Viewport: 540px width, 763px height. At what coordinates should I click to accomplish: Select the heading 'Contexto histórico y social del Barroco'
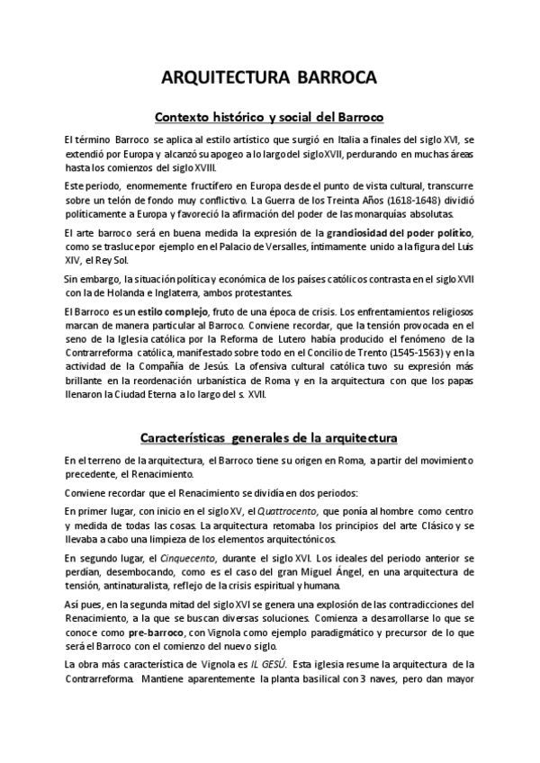pos(270,117)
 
